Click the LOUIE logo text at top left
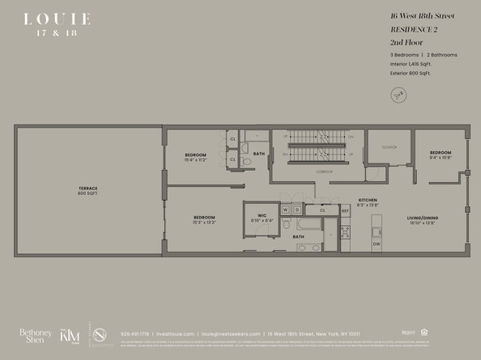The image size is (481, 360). pos(57,19)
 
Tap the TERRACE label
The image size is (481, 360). pos(87,190)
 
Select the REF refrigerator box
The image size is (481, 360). pos(345,210)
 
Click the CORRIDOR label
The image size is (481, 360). pos(304,172)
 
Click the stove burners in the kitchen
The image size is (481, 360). pos(345,232)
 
